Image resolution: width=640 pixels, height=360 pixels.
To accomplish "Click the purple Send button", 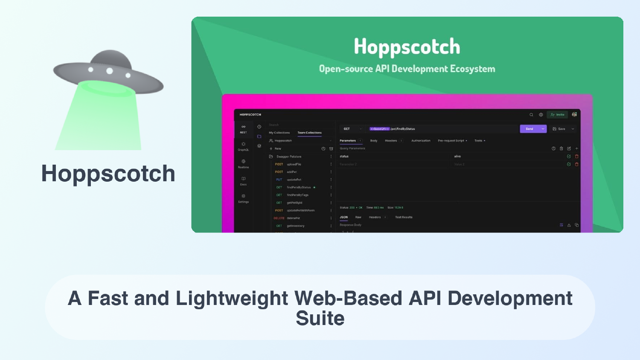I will (x=529, y=129).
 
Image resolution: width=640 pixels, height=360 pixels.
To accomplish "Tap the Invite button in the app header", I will (x=558, y=115).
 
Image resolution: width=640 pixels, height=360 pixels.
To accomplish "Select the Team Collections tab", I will (x=309, y=133).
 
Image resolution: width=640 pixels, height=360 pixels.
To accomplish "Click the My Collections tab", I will (x=279, y=133).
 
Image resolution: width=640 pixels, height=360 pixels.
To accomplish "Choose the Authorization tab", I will (x=421, y=141).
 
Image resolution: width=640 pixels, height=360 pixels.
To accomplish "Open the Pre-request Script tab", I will (x=451, y=141).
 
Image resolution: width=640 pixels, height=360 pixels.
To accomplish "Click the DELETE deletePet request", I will (x=287, y=218).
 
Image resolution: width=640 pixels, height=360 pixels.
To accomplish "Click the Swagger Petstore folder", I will (x=288, y=157).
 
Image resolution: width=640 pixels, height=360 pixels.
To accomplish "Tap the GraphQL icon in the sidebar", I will (x=243, y=146).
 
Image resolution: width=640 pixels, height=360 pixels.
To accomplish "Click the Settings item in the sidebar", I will (x=243, y=198).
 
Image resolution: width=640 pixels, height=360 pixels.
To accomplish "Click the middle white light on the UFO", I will (x=110, y=71).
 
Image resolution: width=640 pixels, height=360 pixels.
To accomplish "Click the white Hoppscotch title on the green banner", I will (x=407, y=46).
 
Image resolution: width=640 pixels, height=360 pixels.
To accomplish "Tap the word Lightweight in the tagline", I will (x=232, y=299).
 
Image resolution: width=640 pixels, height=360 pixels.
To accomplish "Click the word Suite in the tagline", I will (x=320, y=319).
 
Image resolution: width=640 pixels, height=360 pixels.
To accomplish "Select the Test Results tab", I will (x=404, y=218).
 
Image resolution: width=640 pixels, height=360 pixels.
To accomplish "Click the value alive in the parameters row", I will (x=457, y=157).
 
